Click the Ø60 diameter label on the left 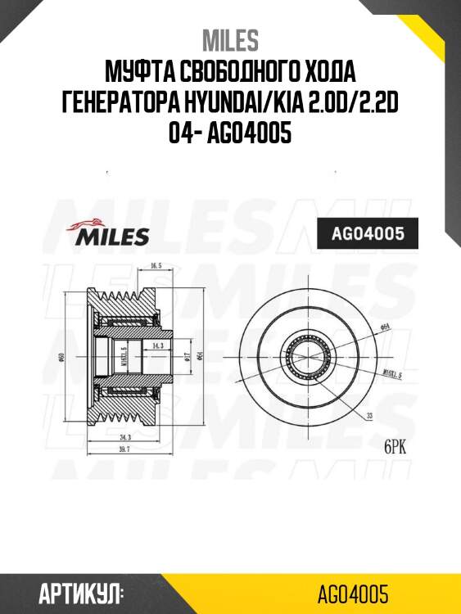pyautogui.click(x=62, y=359)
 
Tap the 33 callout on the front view pyautogui.click(x=369, y=416)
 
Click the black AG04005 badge pyautogui.click(x=367, y=234)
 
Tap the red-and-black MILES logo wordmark pyautogui.click(x=113, y=237)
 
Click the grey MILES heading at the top pyautogui.click(x=230, y=39)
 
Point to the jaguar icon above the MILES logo pyautogui.click(x=91, y=222)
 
